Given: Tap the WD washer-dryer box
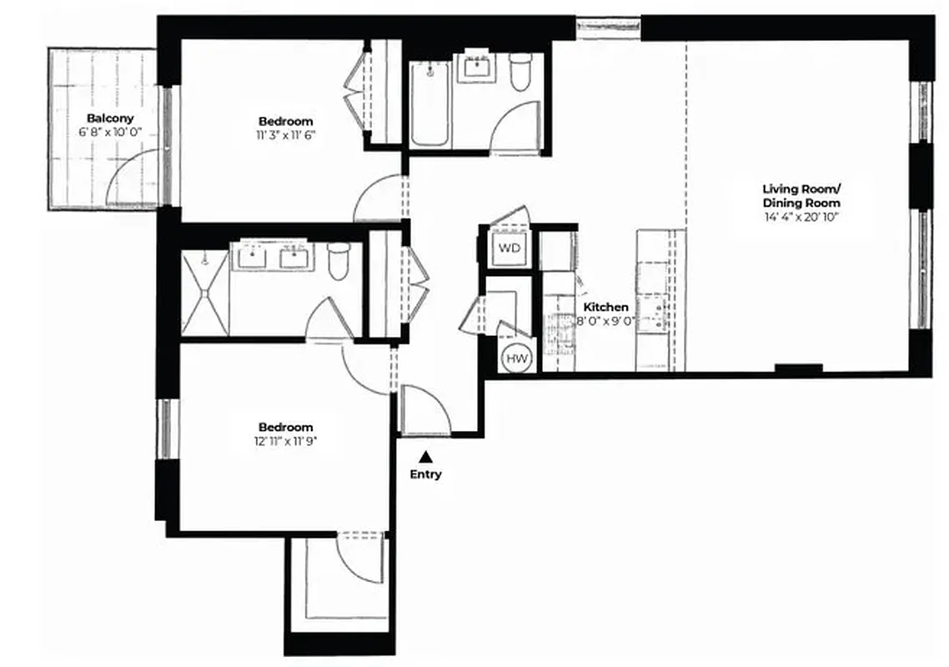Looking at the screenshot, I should coord(508,248).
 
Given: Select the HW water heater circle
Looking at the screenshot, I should coord(517,359).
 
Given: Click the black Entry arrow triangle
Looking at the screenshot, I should coord(426,456).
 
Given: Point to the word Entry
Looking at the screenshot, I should coord(426,474).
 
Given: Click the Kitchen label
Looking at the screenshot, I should coord(605,308).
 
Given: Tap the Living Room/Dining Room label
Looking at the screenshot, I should coord(801,195).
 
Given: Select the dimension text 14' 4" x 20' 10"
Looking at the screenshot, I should coord(801,217).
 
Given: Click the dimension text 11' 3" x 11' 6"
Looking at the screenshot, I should coord(285,134).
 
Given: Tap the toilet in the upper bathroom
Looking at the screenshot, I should coord(521,72).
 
